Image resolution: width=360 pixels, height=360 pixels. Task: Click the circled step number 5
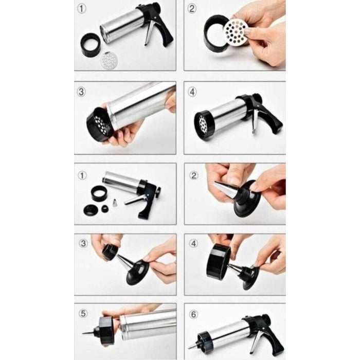pyautogui.click(x=83, y=312)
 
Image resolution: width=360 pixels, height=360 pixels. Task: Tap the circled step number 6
pyautogui.click(x=192, y=312)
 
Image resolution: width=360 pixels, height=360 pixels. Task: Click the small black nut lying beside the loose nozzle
pyautogui.click(x=105, y=208)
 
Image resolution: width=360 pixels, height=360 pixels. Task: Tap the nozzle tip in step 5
pyautogui.click(x=85, y=333)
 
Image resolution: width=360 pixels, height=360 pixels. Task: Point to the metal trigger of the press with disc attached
pyautogui.click(x=254, y=122)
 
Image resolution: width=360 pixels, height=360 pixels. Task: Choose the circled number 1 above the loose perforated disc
pyautogui.click(x=82, y=9)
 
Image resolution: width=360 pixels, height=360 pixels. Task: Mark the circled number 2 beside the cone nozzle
pyautogui.click(x=192, y=175)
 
